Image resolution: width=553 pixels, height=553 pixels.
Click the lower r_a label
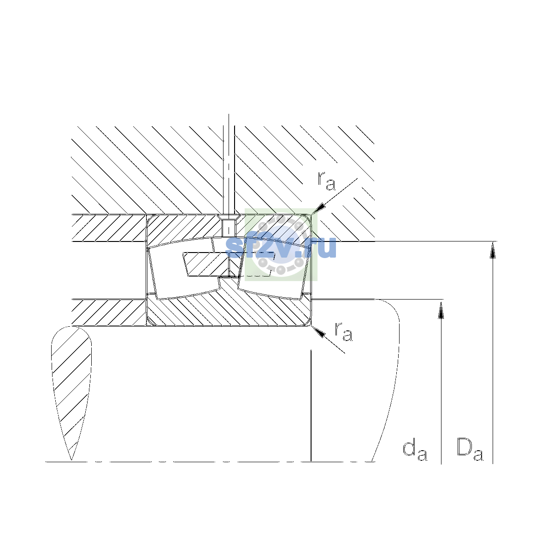343,331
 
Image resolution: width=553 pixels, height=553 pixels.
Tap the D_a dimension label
470,449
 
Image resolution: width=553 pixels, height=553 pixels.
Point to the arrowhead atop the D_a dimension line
493,250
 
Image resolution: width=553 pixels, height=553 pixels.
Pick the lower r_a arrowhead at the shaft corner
318,332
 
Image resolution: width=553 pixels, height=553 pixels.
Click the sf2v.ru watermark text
281,247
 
